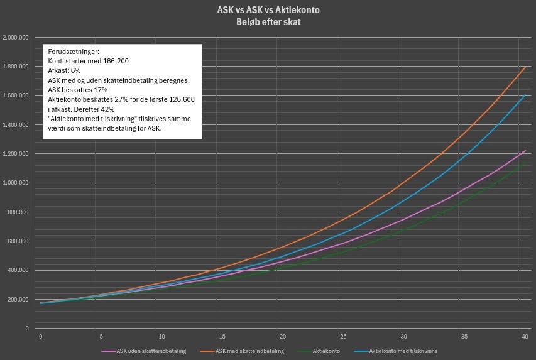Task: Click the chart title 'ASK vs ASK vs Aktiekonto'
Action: [x=268, y=10]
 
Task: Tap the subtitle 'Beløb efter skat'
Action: [x=268, y=21]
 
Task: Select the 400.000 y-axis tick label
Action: [x=19, y=270]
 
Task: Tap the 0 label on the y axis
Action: [x=27, y=329]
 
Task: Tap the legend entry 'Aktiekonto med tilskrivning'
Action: [x=403, y=351]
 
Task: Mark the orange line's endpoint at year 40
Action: [x=525, y=67]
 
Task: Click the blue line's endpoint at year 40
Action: [x=525, y=95]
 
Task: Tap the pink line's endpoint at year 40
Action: [x=525, y=151]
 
